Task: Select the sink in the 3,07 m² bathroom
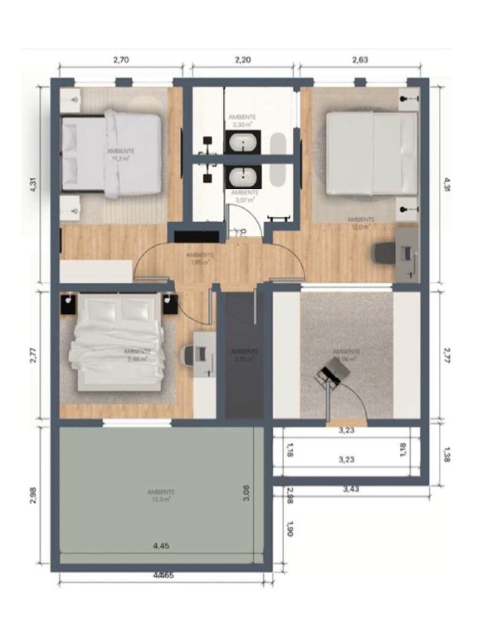[x=242, y=175]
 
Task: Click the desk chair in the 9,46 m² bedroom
[x=189, y=355]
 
